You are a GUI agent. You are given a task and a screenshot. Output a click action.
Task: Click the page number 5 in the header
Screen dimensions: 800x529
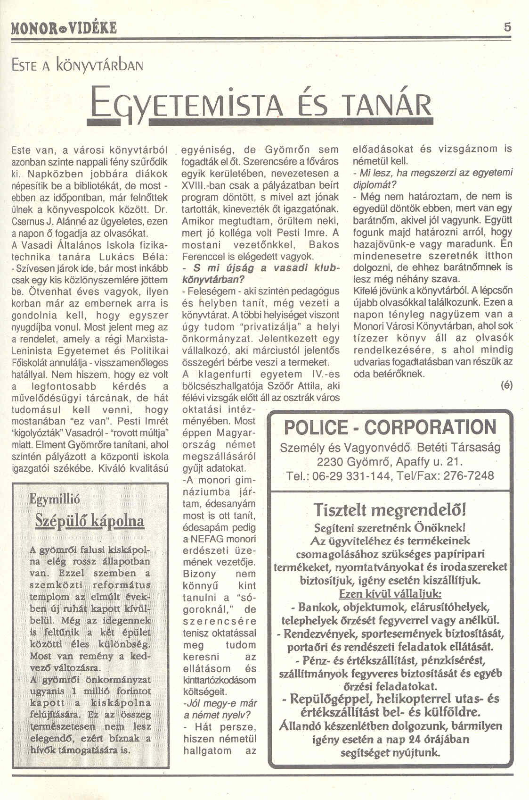click(x=507, y=27)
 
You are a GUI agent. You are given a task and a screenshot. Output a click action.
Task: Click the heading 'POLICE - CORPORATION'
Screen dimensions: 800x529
click(x=390, y=427)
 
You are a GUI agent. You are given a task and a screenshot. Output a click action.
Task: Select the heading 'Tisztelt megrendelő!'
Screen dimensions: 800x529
click(x=390, y=510)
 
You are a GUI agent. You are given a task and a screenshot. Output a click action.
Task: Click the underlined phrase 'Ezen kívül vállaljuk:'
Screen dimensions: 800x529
click(x=390, y=594)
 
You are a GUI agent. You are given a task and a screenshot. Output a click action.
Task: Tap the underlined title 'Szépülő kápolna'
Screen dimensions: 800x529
click(x=90, y=521)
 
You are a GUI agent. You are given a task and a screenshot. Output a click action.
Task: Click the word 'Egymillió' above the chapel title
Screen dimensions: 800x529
click(x=55, y=499)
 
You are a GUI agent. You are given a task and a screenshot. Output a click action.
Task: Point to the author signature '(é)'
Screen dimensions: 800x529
click(x=507, y=385)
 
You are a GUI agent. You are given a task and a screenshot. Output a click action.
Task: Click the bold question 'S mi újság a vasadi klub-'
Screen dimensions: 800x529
click(x=260, y=268)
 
